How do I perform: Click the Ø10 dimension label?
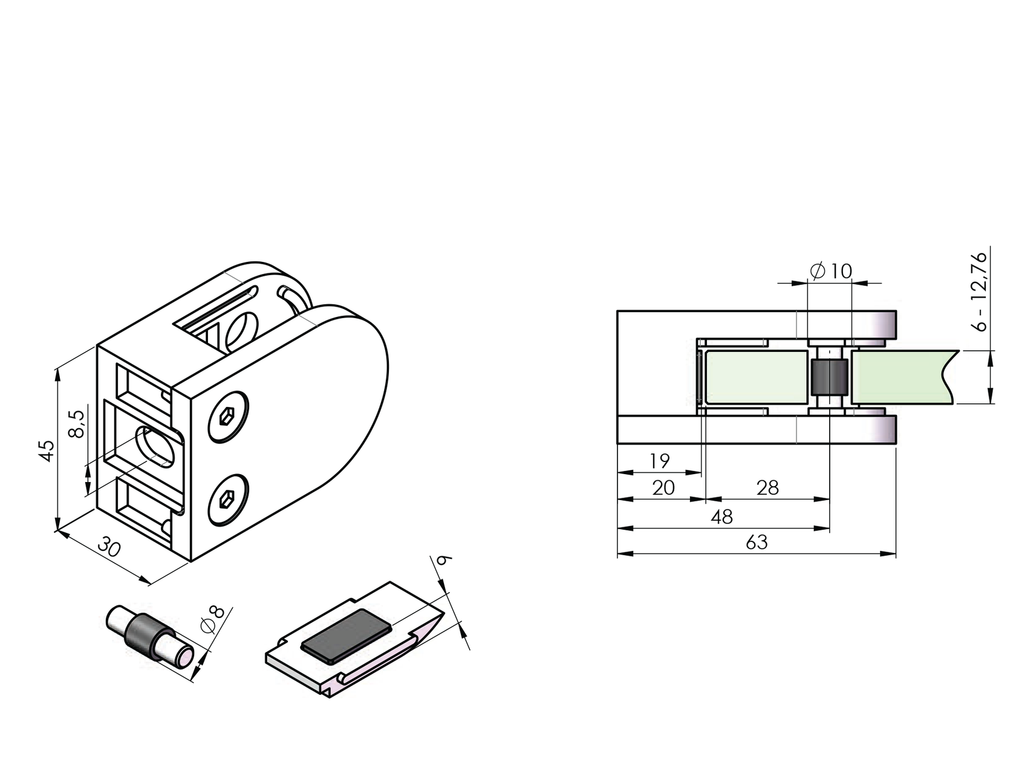(x=832, y=271)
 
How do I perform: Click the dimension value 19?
(x=659, y=461)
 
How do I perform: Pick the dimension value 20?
(x=663, y=488)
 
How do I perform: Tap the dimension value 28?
(x=767, y=488)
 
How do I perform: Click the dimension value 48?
(x=722, y=517)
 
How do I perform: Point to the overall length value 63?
(x=757, y=542)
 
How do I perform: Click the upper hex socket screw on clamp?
(x=228, y=416)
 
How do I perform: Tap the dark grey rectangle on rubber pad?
(x=347, y=636)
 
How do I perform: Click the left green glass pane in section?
(x=756, y=377)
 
